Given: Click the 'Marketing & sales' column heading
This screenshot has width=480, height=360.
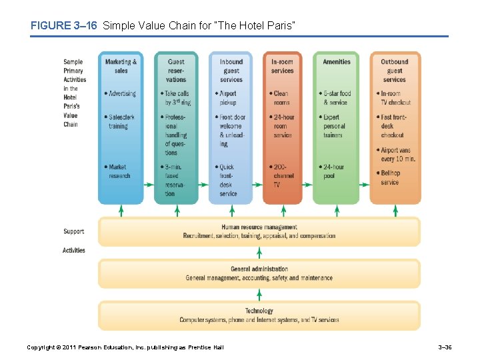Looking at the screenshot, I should (x=121, y=66).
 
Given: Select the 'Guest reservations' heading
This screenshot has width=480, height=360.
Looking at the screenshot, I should (x=176, y=71).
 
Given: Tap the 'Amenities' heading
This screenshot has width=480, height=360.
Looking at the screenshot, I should (x=336, y=62).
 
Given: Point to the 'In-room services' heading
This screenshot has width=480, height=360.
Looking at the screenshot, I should (x=282, y=66).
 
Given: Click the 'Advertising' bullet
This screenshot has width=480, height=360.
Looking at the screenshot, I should (x=121, y=94).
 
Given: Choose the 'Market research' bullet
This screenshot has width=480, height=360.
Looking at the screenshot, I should (x=119, y=171).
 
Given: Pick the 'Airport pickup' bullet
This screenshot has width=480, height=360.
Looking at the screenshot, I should (x=227, y=98).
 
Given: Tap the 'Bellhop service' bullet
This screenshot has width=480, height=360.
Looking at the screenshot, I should (x=390, y=177).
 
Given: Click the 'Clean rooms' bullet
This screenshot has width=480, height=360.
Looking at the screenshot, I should (x=281, y=98).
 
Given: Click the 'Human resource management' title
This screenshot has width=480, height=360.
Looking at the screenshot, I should (x=259, y=227).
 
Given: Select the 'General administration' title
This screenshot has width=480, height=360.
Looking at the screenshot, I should (x=259, y=269).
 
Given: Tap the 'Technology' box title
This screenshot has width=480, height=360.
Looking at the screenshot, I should (x=259, y=311).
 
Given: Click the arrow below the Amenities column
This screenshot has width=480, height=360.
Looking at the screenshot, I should (x=337, y=211).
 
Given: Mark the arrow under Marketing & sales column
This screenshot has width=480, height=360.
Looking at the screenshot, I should (x=121, y=211).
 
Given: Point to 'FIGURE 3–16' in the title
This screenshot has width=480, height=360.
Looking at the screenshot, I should (x=64, y=26).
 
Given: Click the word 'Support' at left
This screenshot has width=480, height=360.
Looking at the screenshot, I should (x=73, y=232).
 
